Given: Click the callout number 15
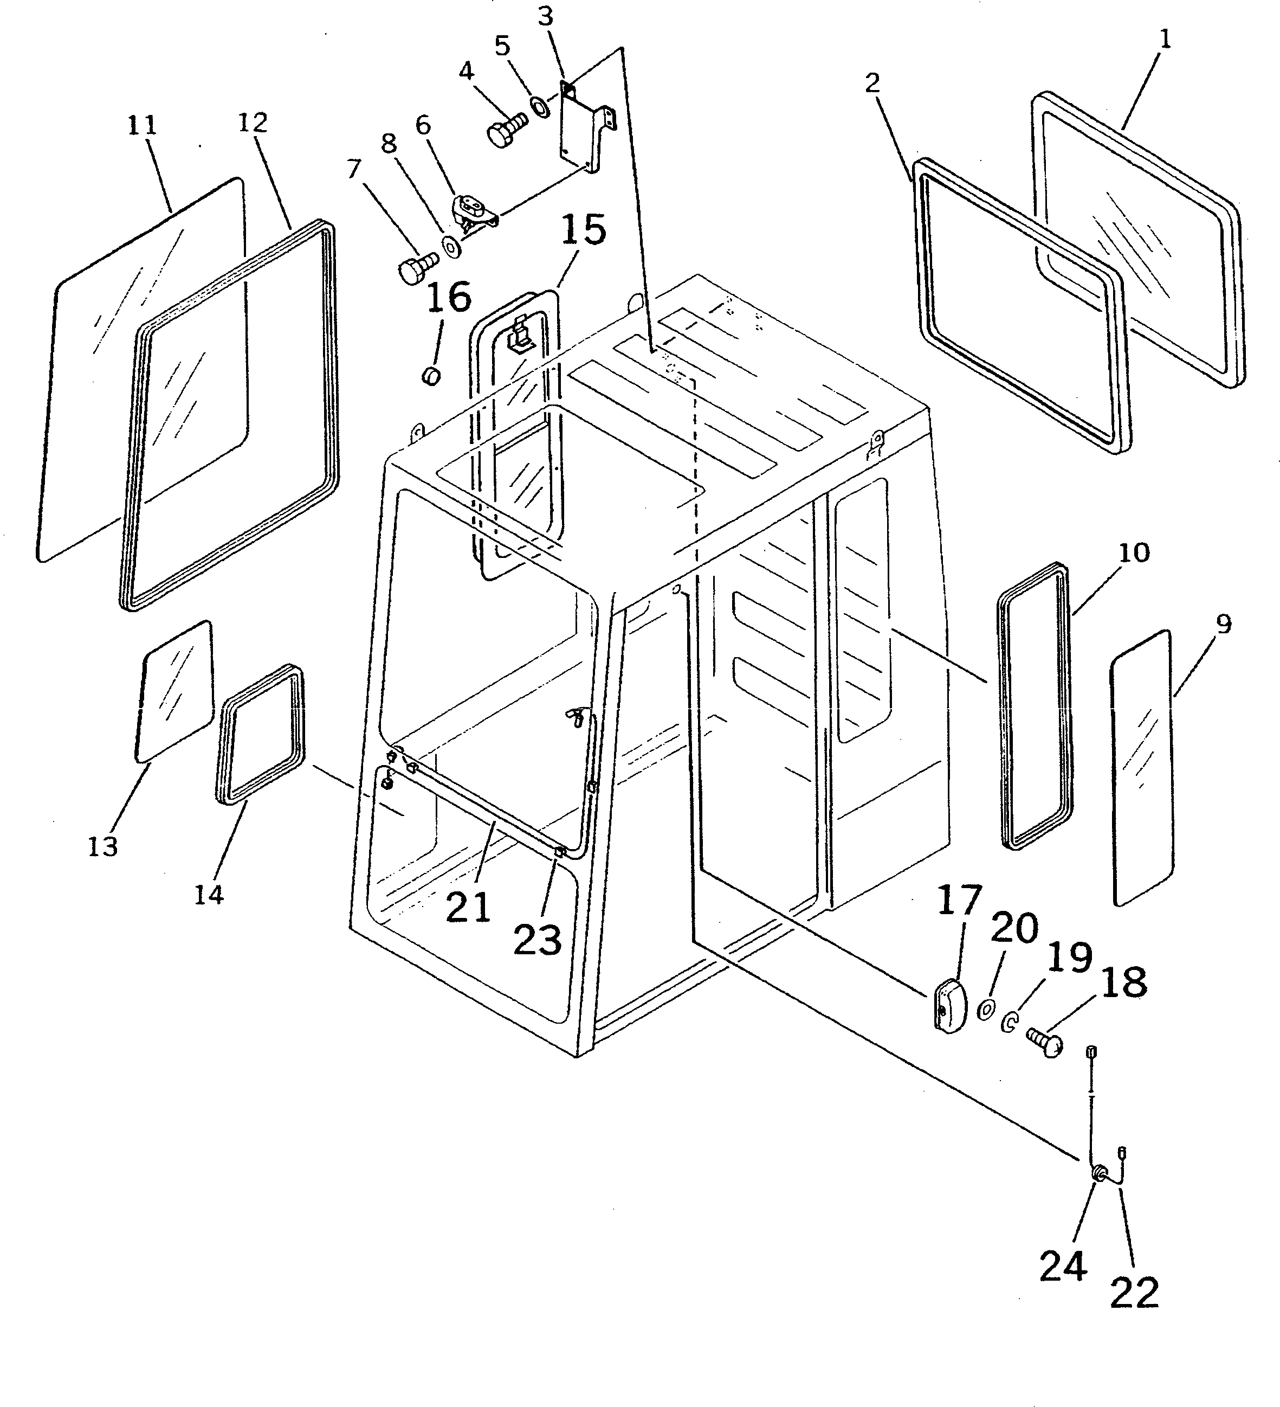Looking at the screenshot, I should (583, 231).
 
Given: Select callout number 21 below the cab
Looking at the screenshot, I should (468, 908).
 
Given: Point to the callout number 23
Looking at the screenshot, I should (537, 940).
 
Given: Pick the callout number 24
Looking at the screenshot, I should (1063, 1267).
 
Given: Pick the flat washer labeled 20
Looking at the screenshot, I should (986, 1009).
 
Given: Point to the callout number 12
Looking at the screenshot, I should (253, 123).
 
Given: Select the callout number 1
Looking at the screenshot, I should (1164, 39).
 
